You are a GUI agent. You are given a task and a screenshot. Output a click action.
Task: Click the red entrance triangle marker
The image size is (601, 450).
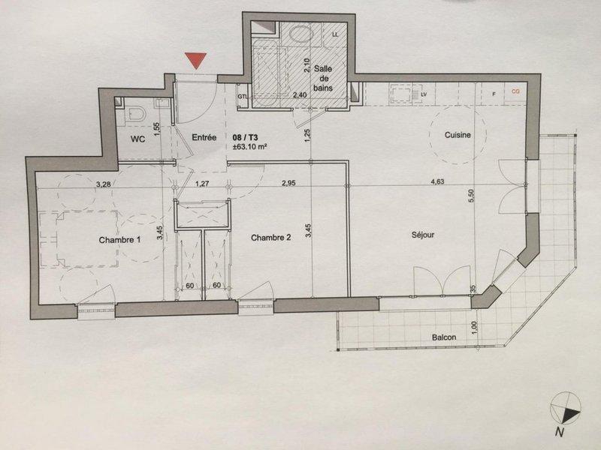196,61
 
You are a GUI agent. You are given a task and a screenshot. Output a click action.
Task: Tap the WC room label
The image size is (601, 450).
137,139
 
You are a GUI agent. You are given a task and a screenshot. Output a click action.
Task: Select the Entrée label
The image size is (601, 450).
204,137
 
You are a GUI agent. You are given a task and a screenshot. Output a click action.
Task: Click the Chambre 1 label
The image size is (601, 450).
119,240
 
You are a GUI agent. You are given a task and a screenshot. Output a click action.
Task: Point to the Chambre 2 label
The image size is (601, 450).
270,238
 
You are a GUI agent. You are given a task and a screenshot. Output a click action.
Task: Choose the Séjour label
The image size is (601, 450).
423,235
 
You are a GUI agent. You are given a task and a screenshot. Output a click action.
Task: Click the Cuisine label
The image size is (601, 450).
458,135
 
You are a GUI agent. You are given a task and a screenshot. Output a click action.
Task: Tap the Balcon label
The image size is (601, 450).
444,337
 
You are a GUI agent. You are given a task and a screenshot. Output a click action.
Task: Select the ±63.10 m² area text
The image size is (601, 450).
249,145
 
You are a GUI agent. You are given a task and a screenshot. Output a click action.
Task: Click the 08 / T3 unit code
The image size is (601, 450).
246,137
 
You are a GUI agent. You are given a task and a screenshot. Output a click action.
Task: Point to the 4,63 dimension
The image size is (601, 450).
437,181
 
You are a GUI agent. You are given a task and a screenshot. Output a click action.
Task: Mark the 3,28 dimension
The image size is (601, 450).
104,184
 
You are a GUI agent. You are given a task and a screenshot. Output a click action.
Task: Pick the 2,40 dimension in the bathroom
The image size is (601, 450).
299,95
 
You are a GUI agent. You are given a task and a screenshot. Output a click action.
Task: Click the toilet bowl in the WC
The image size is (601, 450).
137,113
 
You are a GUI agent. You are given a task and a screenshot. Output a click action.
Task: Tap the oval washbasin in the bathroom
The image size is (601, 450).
301,34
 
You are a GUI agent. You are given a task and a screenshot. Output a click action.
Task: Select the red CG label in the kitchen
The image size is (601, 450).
515,91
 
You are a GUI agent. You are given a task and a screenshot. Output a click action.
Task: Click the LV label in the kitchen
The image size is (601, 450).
424,94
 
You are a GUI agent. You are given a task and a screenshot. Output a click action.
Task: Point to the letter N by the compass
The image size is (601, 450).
560,433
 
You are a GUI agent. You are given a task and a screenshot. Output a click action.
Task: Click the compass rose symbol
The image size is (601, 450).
566,408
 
